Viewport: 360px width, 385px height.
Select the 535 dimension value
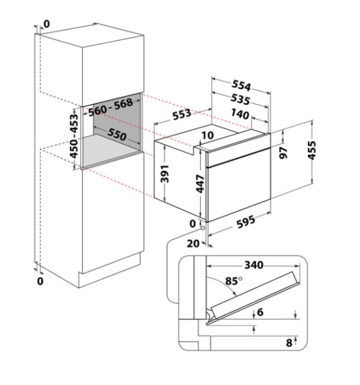tap(241, 99)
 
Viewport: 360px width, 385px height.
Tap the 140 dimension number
tap(240, 114)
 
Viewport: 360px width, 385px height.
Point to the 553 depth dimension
tap(182, 114)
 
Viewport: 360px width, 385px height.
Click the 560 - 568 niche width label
tap(110, 107)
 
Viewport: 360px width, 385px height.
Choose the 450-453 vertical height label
tap(74, 136)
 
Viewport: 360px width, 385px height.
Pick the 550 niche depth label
tap(117, 135)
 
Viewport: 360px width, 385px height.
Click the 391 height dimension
tap(164, 174)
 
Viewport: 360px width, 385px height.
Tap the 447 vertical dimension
tap(200, 184)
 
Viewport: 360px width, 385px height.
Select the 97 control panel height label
tap(284, 153)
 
